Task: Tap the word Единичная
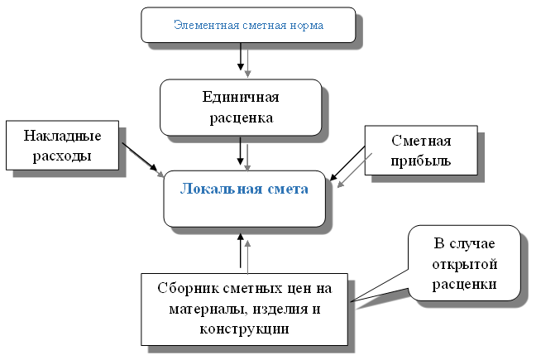coord(241,98)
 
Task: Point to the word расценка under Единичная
coord(242,118)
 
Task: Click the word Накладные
coord(62,136)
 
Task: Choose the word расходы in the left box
coord(62,156)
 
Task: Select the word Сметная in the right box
coord(421,141)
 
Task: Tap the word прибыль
coord(421,161)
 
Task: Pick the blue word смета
coord(288,190)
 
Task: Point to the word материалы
coord(208,310)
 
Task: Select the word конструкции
coord(244,329)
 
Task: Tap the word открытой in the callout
coord(465,264)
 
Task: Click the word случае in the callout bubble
coord(472,243)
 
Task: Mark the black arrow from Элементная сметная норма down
coord(241,56)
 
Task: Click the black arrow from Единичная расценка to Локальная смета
coord(241,151)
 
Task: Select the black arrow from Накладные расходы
coord(140,157)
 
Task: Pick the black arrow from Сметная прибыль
coord(347,163)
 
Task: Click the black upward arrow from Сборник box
coord(241,250)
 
